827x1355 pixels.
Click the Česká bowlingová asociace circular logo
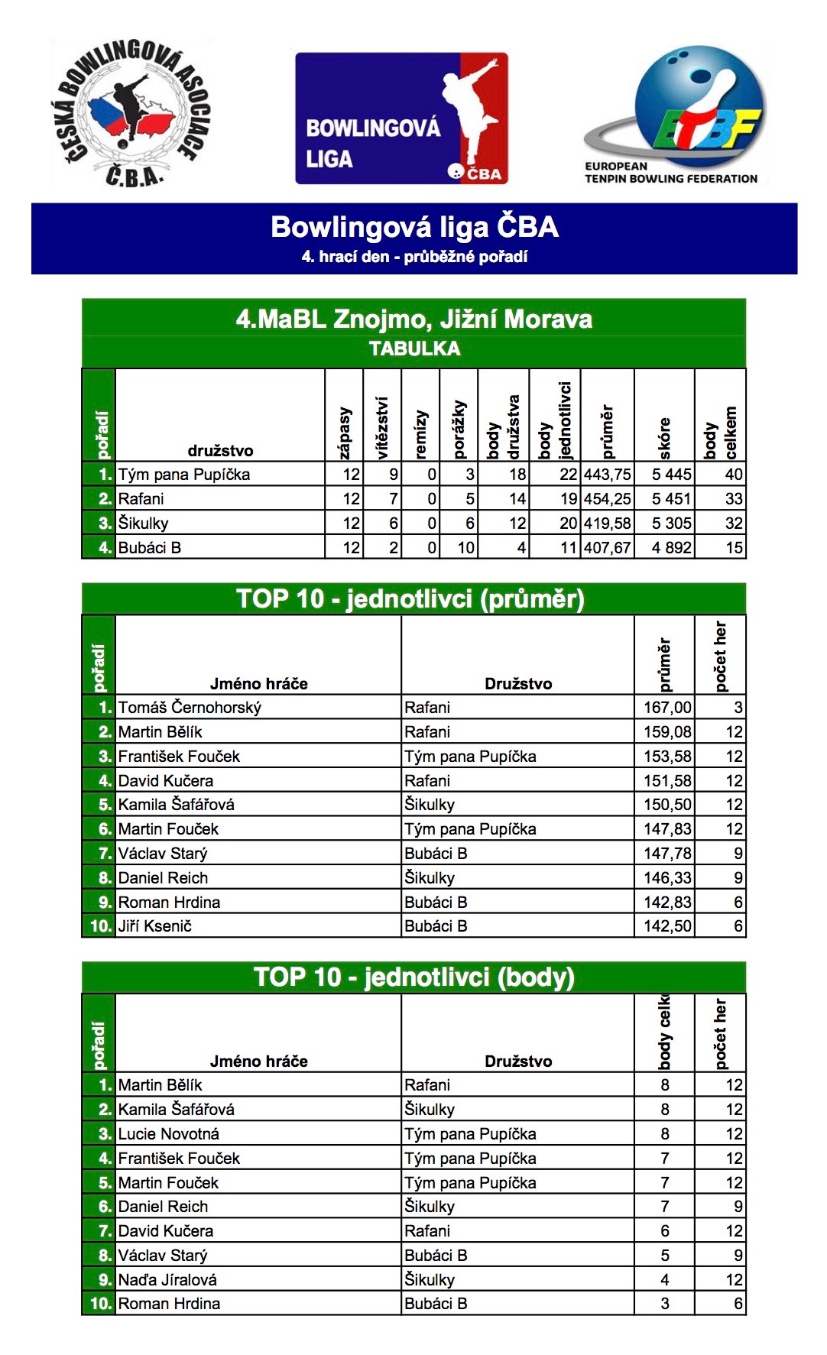131,114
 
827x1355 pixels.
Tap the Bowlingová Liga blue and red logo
402,118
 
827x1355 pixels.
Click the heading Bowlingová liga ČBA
414,227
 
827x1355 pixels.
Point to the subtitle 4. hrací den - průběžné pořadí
414,257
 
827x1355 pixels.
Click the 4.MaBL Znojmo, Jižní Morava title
414,319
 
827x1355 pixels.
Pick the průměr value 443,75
607,475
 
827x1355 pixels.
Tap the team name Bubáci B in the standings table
150,548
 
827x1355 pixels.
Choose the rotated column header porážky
459,429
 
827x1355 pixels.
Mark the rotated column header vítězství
382,427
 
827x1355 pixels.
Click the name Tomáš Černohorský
190,708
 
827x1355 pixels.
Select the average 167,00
667,708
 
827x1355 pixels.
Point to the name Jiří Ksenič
154,926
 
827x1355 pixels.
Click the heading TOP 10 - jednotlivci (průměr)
410,598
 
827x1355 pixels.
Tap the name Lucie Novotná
168,1134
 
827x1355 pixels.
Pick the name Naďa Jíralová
167,1280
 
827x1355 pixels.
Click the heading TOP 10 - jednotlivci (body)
414,977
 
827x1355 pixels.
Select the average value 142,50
667,926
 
